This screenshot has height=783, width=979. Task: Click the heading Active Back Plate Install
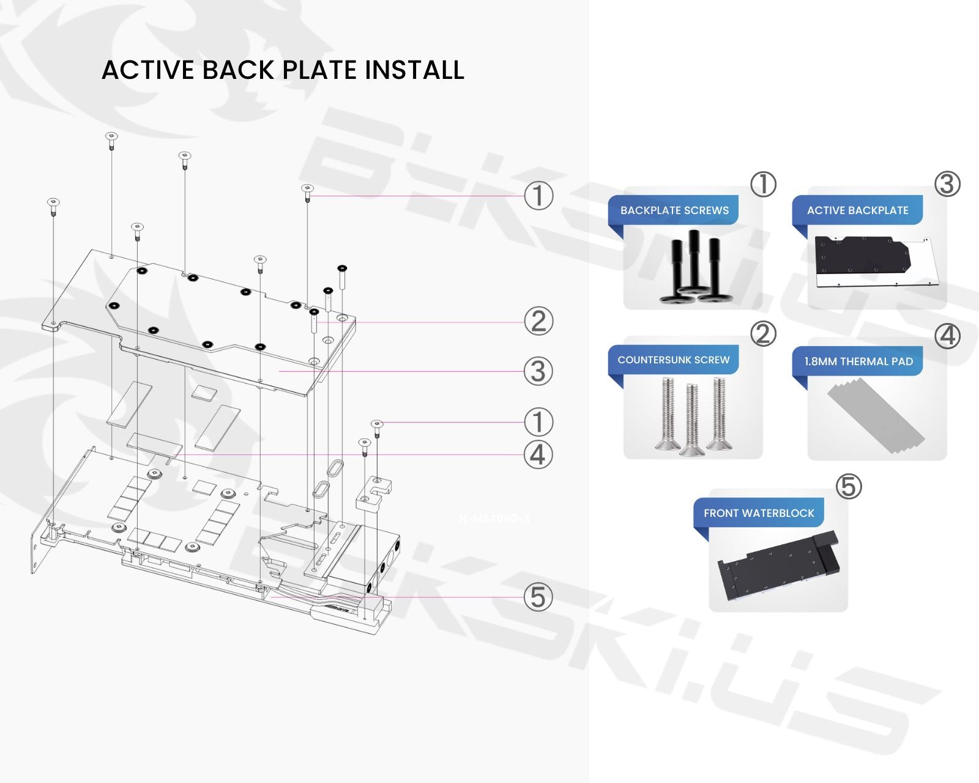click(283, 70)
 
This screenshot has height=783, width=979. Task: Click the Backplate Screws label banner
click(674, 210)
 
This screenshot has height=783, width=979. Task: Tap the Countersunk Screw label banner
click(674, 360)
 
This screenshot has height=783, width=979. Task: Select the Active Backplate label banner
click(857, 210)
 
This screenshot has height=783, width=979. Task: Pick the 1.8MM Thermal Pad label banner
click(858, 362)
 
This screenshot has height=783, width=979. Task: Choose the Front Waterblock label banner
click(759, 513)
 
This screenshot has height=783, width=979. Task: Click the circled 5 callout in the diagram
click(538, 597)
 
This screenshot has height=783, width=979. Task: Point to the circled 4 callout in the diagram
click(538, 455)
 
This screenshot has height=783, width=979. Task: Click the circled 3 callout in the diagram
click(538, 371)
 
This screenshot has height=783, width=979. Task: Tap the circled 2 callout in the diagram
click(538, 322)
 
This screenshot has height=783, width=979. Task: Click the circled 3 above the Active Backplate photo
click(947, 184)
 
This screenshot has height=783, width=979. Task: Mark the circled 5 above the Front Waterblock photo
click(849, 487)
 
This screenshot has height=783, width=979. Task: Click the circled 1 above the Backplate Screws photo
click(763, 184)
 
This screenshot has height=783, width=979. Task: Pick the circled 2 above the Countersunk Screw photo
click(763, 334)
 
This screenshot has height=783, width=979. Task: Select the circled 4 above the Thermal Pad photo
click(947, 335)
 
